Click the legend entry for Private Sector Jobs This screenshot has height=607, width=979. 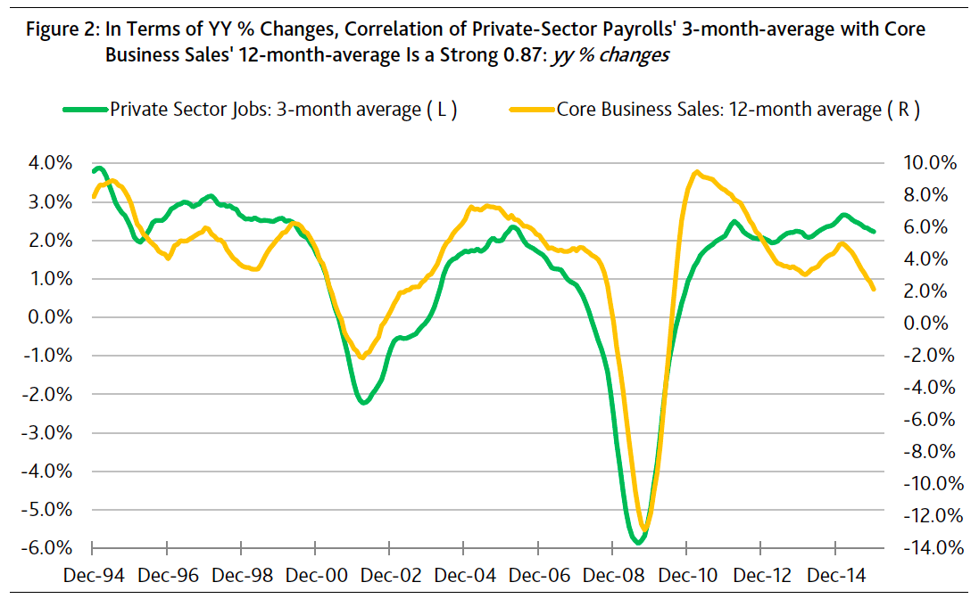(259, 110)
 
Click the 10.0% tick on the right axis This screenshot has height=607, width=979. (931, 164)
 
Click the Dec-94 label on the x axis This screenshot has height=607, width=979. (93, 576)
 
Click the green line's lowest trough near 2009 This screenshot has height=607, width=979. (637, 541)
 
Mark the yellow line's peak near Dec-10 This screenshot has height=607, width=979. (696, 173)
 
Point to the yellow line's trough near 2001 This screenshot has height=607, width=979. (361, 357)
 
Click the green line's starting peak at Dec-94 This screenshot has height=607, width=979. (98, 168)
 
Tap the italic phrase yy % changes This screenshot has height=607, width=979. (611, 54)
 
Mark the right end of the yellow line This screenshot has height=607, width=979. (873, 289)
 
